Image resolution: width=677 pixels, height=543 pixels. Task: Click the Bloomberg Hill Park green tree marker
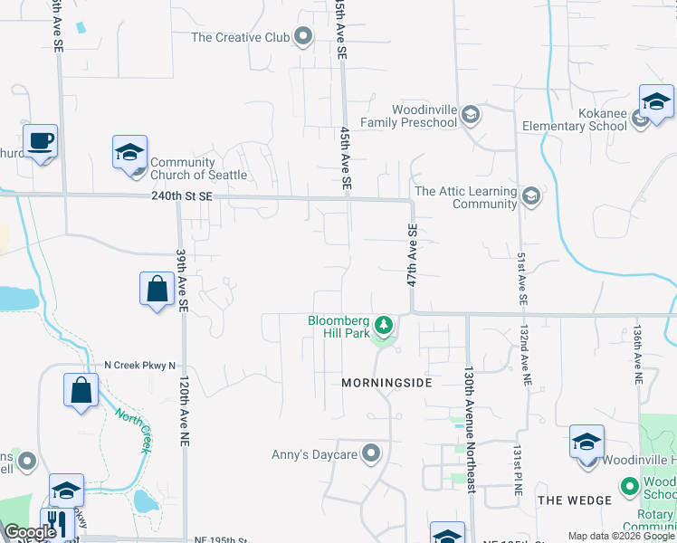point(384,324)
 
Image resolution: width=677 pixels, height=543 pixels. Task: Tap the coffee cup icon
point(41,142)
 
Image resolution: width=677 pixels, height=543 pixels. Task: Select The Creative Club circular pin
point(303,37)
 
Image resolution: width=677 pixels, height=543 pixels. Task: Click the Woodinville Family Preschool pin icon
point(470,115)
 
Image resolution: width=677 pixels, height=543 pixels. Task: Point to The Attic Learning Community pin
point(531,195)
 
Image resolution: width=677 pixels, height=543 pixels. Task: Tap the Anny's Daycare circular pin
point(370,453)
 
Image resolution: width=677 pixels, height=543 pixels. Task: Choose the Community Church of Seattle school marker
point(129,154)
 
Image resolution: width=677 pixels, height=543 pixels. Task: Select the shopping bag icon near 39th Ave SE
point(157,290)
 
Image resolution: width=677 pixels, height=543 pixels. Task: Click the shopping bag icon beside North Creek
point(81,391)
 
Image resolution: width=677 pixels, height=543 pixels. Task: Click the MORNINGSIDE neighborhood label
point(386,383)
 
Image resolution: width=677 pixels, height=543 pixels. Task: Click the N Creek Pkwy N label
point(140,365)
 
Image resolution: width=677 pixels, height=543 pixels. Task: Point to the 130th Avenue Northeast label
point(469,430)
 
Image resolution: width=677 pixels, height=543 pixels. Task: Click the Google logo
point(30,533)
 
